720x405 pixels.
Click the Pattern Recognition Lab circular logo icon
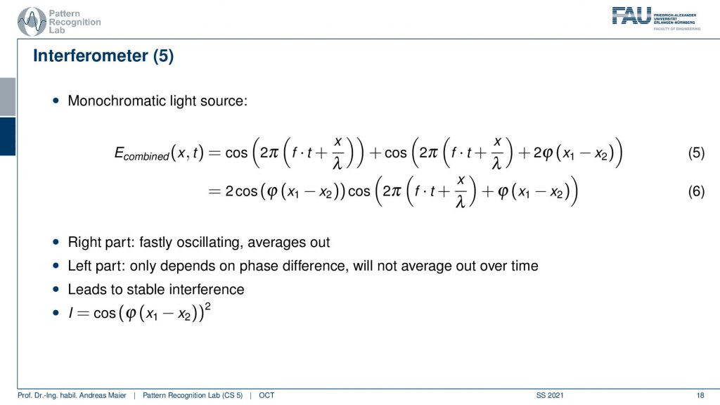point(32,22)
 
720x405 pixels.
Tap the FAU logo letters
point(632,15)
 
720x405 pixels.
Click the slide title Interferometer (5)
point(103,56)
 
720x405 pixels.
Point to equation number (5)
point(696,153)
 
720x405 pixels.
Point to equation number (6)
point(696,191)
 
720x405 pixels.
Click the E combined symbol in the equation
point(141,153)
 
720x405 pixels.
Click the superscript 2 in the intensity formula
point(208,306)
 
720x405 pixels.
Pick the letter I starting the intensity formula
point(71,313)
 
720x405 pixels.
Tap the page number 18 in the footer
point(700,395)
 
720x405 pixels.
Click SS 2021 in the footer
point(550,395)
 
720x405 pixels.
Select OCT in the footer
point(266,395)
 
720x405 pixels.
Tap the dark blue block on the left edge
point(8,136)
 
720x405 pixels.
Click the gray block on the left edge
point(8,97)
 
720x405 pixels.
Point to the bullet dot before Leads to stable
point(56,289)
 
